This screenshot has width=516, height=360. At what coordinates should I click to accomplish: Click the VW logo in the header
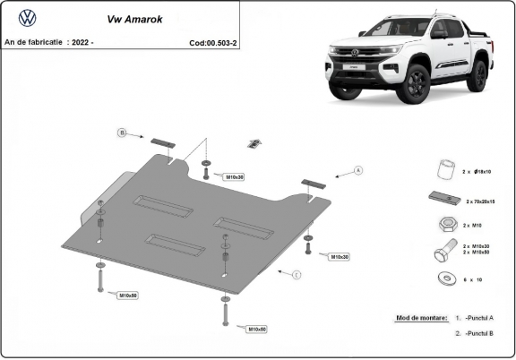(x=28, y=18)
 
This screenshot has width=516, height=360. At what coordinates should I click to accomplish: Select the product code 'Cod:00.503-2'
(x=212, y=42)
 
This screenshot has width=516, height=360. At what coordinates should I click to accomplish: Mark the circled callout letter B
(x=122, y=133)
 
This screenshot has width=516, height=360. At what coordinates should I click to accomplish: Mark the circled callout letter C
(x=297, y=274)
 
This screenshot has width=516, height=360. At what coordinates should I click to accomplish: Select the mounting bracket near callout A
(x=314, y=183)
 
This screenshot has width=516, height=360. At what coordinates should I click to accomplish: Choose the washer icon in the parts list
(x=443, y=279)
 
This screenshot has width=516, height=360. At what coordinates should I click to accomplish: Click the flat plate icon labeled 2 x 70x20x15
(x=443, y=199)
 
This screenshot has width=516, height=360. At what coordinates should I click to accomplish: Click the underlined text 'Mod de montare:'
(x=419, y=318)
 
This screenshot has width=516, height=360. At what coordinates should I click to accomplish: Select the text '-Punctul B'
(x=480, y=333)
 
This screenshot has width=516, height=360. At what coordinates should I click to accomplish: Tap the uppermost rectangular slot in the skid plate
(x=162, y=206)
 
